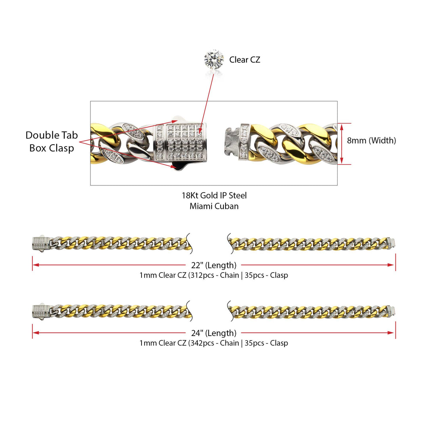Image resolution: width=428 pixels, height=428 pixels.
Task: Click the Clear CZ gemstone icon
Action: pyautogui.click(x=214, y=59)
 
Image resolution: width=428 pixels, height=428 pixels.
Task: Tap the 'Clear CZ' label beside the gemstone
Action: pyautogui.click(x=245, y=59)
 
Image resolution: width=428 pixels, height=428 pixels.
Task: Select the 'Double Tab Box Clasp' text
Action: pyautogui.click(x=52, y=141)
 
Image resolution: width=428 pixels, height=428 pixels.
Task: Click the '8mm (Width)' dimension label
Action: pyautogui.click(x=371, y=140)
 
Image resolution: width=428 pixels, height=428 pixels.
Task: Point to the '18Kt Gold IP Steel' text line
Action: pyautogui.click(x=214, y=195)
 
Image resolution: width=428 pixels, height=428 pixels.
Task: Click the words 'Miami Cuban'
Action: pyautogui.click(x=214, y=206)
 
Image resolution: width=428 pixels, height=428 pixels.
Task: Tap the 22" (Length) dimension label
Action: pyautogui.click(x=214, y=265)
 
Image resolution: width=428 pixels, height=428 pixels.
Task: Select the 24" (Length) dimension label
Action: pyautogui.click(x=214, y=333)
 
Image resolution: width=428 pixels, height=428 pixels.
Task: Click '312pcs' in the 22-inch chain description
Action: pyautogui.click(x=202, y=275)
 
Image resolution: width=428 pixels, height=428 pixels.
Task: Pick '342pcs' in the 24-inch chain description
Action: pyautogui.click(x=202, y=343)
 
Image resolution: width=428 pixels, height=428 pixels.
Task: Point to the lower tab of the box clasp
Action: pyautogui.click(x=179, y=166)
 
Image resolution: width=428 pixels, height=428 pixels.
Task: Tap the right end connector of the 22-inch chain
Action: pyautogui.click(x=391, y=242)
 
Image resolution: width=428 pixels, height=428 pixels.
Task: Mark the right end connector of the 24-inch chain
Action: pyautogui.click(x=391, y=310)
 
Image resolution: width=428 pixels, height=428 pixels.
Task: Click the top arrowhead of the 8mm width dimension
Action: pyautogui.click(x=342, y=127)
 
